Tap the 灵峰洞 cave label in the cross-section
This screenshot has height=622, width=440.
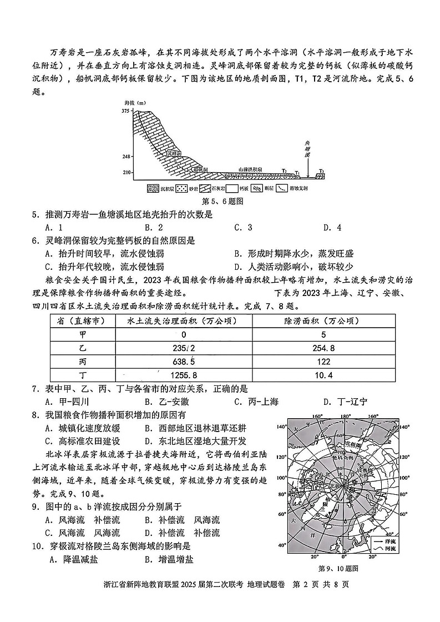click(175, 152)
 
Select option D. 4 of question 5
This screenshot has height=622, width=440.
click(332, 227)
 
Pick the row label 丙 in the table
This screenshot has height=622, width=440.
click(83, 362)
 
